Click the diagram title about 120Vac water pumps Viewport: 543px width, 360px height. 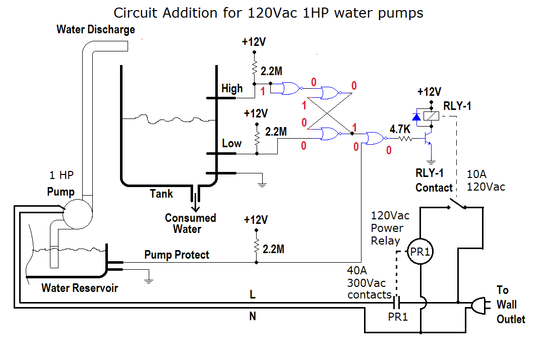[268, 13]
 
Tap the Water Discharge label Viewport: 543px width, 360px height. [96, 29]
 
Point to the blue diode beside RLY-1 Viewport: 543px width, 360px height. [416, 117]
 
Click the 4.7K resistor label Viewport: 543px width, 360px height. [400, 129]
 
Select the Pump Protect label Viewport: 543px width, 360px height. [176, 255]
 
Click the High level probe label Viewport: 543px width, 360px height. [232, 89]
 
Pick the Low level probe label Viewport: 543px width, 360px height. [232, 143]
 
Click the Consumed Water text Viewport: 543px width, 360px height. [191, 223]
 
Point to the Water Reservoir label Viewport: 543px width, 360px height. [80, 288]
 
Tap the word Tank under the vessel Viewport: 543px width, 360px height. [161, 193]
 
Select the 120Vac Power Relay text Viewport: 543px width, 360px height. [390, 228]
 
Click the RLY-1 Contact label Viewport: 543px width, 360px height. [434, 180]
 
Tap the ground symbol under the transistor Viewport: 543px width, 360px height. [431, 162]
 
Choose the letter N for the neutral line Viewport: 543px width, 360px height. [253, 317]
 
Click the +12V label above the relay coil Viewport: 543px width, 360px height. [429, 92]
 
